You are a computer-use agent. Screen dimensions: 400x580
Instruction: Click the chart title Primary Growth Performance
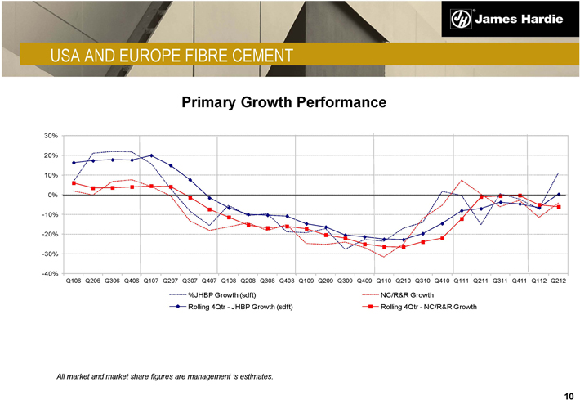[x=283, y=103]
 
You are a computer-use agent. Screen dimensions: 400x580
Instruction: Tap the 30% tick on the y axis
[x=51, y=136]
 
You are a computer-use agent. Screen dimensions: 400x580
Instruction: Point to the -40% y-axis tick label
[x=50, y=273]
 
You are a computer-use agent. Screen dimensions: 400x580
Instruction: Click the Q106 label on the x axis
[x=74, y=281]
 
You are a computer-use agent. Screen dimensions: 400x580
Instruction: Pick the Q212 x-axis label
[x=559, y=281]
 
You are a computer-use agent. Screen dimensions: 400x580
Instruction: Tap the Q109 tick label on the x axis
[x=306, y=281]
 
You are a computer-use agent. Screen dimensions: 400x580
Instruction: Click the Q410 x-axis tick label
[x=442, y=281]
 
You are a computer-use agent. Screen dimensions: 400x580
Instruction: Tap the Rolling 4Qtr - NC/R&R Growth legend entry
[x=428, y=307]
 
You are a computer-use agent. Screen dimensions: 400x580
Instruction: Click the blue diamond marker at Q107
[x=151, y=155]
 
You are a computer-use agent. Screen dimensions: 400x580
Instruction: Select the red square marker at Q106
[x=74, y=182]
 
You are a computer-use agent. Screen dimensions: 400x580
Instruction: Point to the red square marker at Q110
[x=384, y=246]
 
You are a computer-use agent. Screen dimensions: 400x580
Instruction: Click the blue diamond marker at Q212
[x=559, y=195]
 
